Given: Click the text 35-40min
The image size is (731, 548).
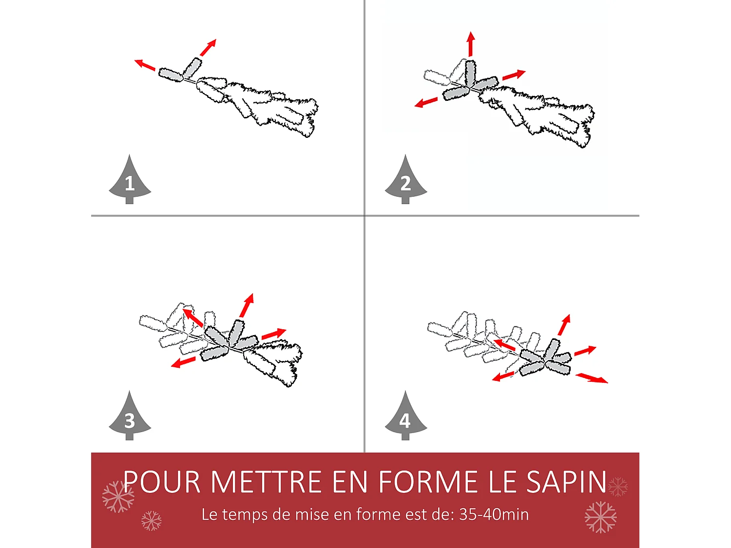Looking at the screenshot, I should [494, 514].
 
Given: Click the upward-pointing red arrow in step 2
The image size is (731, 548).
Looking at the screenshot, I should [470, 44].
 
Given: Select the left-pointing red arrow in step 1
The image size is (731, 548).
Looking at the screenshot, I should [145, 65].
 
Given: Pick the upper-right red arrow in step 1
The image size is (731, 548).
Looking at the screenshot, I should [208, 47].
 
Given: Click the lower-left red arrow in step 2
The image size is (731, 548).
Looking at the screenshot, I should [426, 102].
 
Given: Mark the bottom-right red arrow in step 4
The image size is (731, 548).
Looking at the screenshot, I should [592, 378].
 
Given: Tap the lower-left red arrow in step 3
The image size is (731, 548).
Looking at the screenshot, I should [183, 362].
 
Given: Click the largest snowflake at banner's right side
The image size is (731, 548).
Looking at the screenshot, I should [600, 517].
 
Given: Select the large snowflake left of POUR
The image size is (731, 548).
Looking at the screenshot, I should [118, 497].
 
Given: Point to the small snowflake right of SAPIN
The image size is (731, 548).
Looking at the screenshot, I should [618, 487].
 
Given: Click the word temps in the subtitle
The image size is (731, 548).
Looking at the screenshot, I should [245, 514].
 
